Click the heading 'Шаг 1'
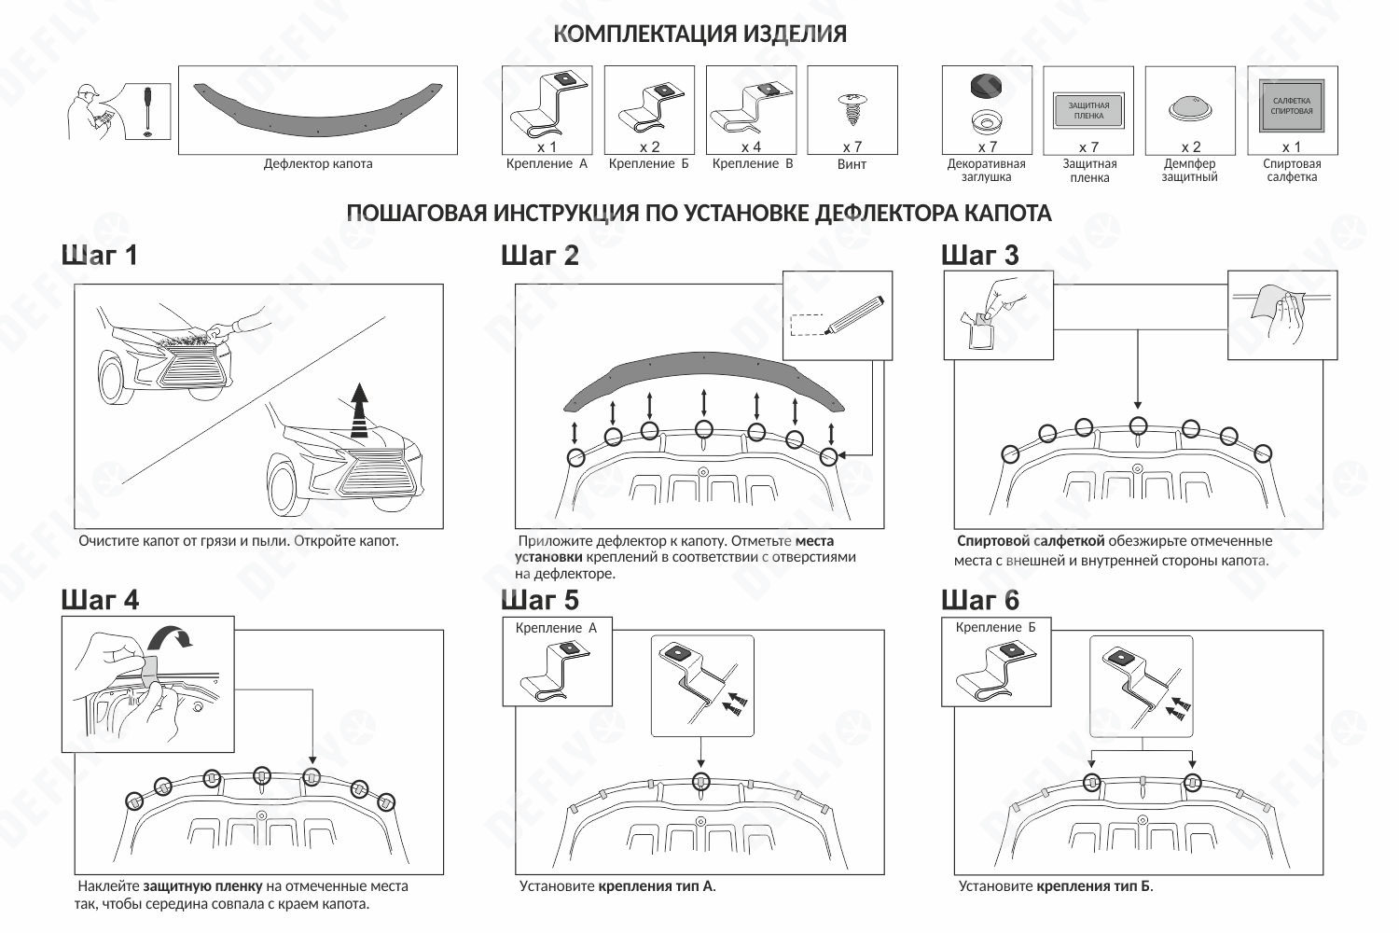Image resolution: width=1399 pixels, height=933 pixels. click(100, 255)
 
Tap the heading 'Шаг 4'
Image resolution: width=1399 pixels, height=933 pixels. click(100, 599)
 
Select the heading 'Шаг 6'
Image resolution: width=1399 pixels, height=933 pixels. click(980, 599)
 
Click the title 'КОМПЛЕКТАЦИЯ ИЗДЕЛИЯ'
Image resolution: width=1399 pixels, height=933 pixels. click(699, 35)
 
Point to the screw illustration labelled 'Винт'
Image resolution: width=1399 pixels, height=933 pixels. click(852, 109)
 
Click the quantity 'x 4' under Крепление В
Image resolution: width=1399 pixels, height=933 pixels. click(751, 146)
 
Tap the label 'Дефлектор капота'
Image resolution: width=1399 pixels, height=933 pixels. click(317, 164)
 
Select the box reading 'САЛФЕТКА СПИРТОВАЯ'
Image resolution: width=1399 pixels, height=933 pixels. click(1291, 105)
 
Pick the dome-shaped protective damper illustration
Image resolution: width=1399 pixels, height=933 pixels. click(1189, 109)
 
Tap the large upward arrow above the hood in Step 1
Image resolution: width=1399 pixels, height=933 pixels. click(359, 410)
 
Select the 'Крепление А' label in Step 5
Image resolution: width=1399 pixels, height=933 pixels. click(556, 628)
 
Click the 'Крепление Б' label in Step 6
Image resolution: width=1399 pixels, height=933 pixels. click(995, 628)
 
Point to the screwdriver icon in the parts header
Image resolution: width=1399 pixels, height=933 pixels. click(147, 110)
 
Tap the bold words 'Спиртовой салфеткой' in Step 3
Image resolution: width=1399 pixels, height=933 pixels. click(1031, 541)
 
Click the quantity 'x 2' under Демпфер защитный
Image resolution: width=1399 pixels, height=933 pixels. click(1190, 146)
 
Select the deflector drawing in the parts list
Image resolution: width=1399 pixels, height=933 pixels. click(317, 105)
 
